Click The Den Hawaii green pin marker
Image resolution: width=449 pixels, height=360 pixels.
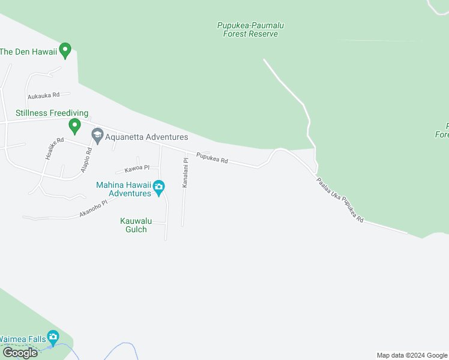[x=65, y=51]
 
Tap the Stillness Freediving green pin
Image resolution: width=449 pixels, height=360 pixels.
[x=74, y=126]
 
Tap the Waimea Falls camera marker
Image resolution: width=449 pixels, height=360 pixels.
[x=53, y=338]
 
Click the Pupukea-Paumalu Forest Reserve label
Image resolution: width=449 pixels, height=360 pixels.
[x=250, y=29]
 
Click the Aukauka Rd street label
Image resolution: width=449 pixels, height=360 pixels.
[x=43, y=95]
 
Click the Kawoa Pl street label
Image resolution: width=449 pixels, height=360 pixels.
[x=136, y=169]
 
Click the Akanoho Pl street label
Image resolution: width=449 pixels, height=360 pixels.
[x=92, y=209]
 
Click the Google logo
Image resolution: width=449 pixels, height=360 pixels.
[x=20, y=353]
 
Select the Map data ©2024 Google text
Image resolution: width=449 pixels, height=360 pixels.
[x=411, y=355]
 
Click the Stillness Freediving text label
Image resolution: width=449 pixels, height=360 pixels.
[x=44, y=113]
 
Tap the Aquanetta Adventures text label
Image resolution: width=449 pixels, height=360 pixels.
[x=146, y=137]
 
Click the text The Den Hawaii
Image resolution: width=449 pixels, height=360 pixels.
[x=28, y=52]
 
